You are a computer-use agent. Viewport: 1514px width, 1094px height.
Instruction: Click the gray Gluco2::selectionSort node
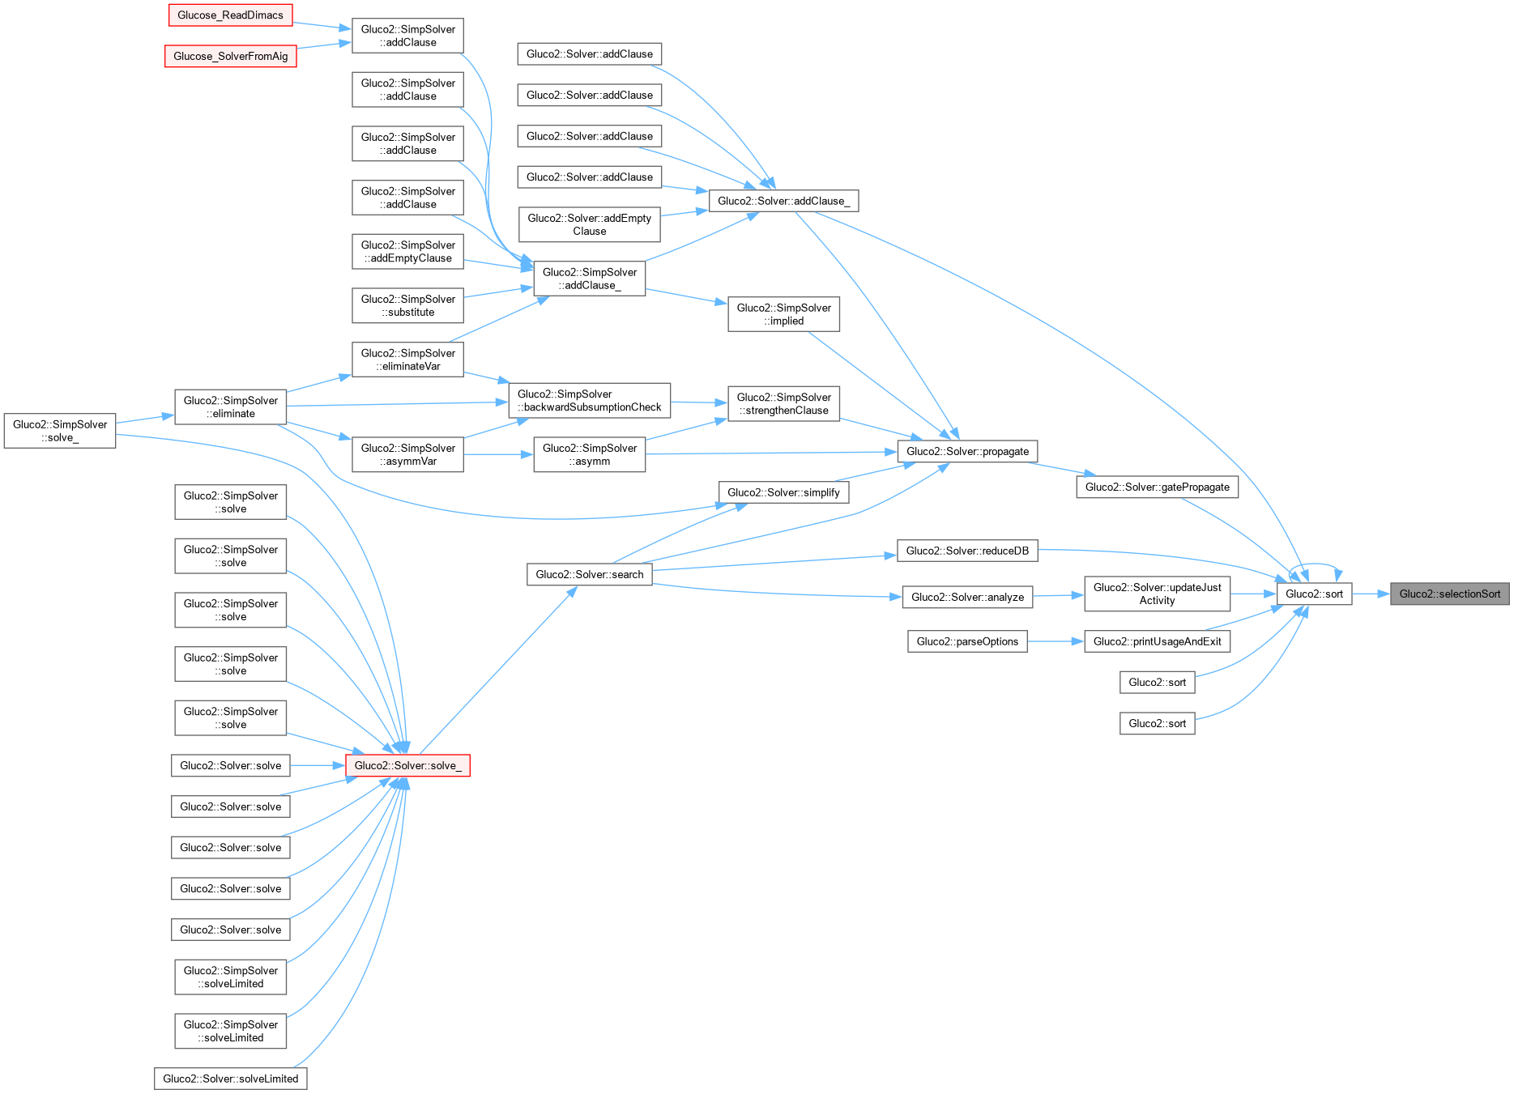click(1449, 594)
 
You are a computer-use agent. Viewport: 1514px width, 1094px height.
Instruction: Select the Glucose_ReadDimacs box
click(230, 15)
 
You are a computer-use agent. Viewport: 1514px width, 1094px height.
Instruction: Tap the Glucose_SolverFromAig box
click(230, 56)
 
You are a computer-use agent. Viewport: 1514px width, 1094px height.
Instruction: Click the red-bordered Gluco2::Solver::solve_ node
click(407, 765)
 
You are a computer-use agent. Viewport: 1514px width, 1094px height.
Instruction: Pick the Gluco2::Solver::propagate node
click(967, 451)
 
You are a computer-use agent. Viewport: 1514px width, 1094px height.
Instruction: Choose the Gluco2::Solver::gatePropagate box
click(1157, 487)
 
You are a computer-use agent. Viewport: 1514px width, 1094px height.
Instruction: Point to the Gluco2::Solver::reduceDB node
click(967, 551)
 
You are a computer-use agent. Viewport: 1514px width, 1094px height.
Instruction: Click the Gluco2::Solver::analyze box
click(967, 597)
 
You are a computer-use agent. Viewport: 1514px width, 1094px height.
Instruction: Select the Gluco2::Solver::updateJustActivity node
click(1157, 594)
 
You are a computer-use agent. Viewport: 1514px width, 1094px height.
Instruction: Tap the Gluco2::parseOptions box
click(967, 641)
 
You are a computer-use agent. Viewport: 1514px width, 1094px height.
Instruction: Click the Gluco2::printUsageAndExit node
click(1157, 641)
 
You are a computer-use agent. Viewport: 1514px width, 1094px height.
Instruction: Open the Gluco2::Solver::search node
click(589, 574)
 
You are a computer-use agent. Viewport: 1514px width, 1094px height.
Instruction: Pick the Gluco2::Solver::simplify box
click(783, 492)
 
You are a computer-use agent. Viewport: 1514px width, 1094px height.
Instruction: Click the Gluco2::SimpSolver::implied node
click(783, 314)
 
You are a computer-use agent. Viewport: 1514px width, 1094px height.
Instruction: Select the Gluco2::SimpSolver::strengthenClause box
click(783, 403)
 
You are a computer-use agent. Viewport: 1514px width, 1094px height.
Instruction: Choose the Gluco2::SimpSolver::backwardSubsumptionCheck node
click(589, 400)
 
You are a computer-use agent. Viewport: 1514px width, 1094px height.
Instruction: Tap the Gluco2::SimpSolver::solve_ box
click(60, 431)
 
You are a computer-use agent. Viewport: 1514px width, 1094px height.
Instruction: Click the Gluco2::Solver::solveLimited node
click(230, 1079)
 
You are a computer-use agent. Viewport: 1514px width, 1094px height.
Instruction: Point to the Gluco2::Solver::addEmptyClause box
click(589, 224)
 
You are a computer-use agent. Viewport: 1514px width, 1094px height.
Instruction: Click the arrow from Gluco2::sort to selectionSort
click(1371, 594)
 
